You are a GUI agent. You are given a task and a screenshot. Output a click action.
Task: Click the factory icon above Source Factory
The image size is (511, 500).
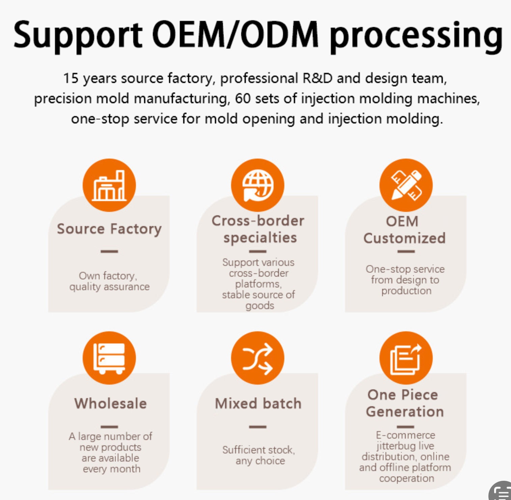(109, 185)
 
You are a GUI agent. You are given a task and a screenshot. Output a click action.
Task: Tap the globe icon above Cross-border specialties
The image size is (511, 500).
(258, 185)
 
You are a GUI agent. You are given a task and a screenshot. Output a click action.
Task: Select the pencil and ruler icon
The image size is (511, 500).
(406, 185)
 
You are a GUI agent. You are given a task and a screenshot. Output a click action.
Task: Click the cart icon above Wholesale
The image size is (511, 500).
(109, 358)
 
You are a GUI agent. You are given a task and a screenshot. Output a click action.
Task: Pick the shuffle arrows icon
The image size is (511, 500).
(258, 358)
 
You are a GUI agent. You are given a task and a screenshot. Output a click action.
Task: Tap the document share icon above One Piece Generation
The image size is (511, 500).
(406, 358)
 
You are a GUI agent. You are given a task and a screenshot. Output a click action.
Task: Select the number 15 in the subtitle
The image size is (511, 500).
(71, 78)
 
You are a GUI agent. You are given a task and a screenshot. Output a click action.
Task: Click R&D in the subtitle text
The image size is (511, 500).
(317, 78)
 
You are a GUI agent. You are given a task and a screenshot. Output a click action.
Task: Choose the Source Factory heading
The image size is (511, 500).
(109, 229)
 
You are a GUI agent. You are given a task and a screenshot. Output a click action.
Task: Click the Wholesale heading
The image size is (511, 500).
(111, 404)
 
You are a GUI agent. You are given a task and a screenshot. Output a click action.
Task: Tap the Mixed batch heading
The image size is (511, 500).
(258, 404)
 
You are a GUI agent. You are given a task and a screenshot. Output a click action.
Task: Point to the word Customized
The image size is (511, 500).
(404, 238)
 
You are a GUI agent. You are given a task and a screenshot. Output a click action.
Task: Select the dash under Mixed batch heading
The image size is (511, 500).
(258, 427)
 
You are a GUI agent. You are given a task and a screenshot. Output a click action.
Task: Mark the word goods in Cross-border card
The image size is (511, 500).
(260, 306)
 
